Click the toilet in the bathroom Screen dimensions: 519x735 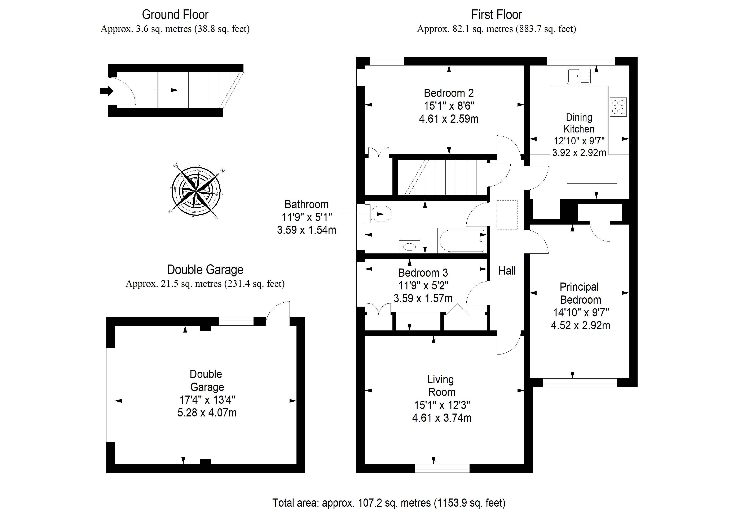(x=381, y=214)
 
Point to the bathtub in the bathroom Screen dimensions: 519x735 (x=462, y=240)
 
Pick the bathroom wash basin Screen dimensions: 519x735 (x=409, y=247)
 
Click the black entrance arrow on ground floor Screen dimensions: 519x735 (x=106, y=91)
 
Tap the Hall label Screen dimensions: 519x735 (x=507, y=271)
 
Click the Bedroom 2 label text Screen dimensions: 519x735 (x=449, y=93)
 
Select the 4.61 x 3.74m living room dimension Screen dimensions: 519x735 (x=441, y=418)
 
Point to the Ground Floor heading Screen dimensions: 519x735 (x=175, y=15)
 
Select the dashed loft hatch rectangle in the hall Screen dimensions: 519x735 (x=507, y=215)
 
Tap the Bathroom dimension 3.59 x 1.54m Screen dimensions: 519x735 (x=306, y=230)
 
